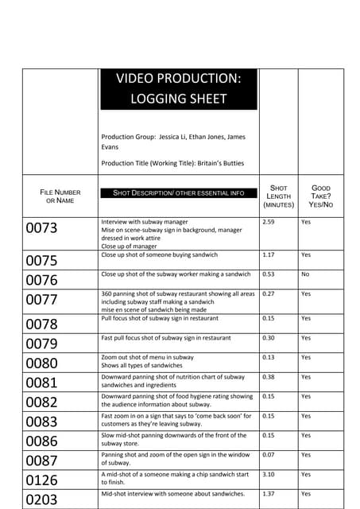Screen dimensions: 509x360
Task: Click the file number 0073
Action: pos(42,229)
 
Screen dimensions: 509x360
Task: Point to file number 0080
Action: pos(42,363)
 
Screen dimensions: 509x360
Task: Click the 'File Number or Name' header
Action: pos(60,196)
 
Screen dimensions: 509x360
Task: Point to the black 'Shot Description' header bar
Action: pos(178,193)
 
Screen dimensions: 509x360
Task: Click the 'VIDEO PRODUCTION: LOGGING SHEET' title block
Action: pos(178,89)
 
